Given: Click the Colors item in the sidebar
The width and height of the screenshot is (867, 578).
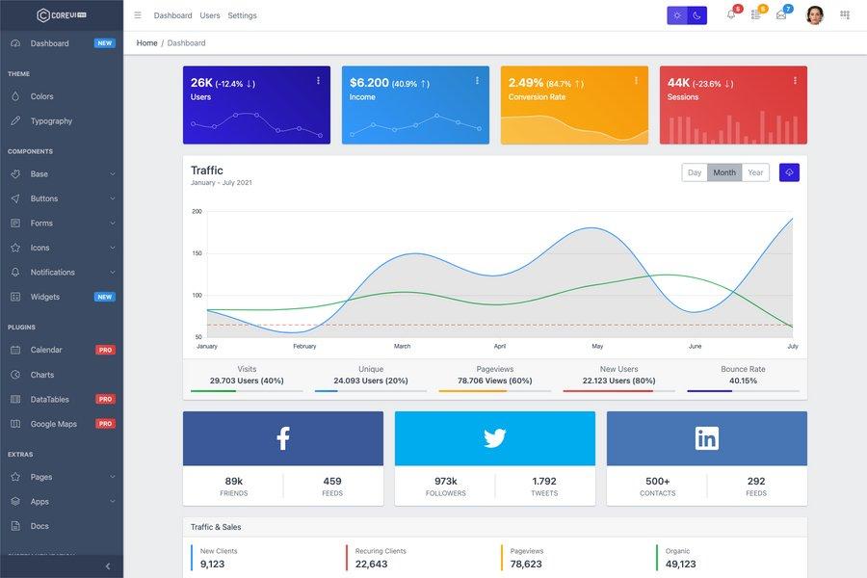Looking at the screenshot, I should coord(41,96).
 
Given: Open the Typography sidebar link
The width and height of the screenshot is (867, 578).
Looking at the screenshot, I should coord(51,121).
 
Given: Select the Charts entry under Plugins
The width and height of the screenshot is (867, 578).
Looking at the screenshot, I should coord(42,375).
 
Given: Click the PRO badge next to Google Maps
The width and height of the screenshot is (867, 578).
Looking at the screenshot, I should coord(105,424).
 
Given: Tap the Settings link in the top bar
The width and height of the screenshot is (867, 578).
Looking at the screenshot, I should coord(242,15).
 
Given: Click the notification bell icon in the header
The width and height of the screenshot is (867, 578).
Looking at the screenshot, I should coord(730,15).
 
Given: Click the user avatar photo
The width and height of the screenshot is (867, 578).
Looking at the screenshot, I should coord(815,15).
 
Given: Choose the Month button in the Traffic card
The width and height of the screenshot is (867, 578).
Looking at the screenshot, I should coord(724,172).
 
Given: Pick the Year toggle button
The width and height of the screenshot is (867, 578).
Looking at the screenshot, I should coord(755,172).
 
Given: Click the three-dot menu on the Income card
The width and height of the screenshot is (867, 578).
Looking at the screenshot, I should coord(477,81).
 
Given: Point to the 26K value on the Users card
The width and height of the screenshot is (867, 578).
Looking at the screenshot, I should coord(201,83).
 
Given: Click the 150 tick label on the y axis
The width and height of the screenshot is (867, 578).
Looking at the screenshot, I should coord(197,253).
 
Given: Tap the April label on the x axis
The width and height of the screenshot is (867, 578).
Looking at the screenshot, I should coord(500,346).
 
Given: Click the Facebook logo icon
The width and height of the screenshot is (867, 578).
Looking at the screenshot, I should coord(283,438).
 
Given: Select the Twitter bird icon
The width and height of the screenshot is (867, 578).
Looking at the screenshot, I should coord(495,438).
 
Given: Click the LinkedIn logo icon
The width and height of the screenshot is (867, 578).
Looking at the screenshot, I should coord(707,438).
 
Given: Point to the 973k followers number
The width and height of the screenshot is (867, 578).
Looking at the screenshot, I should coord(445,481).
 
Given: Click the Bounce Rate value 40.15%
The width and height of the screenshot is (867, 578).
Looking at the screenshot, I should coord(743,381).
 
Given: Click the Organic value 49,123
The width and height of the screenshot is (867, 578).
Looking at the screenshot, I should coord(680,564).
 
